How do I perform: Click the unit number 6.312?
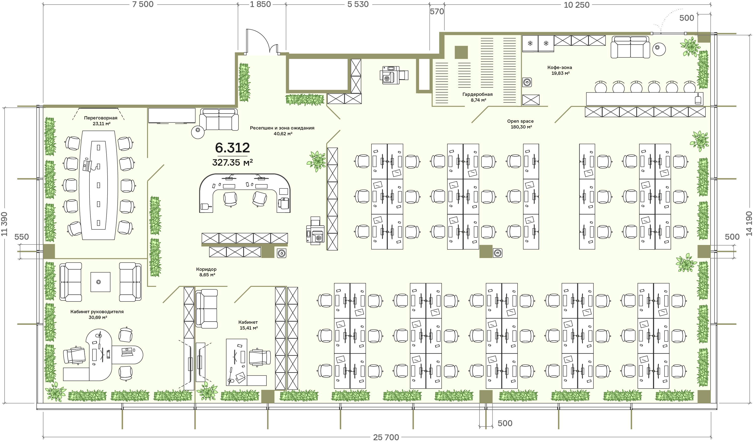(232, 148)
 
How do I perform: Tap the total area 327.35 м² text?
(232, 163)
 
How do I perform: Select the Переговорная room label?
(101, 118)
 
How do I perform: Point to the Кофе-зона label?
(559, 68)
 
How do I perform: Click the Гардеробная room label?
(478, 94)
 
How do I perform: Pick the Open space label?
(520, 121)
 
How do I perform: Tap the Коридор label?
(206, 269)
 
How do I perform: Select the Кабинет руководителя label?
(97, 312)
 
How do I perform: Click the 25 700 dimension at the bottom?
(386, 437)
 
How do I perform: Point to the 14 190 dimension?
(749, 224)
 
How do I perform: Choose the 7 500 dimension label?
(143, 4)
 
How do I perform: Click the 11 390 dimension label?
(4, 224)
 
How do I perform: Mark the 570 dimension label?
(437, 11)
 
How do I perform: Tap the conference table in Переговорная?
(98, 185)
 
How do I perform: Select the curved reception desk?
(245, 193)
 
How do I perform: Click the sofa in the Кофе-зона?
(630, 47)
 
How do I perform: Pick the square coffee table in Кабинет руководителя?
(100, 282)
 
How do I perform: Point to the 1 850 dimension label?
(260, 4)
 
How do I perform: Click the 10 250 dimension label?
(577, 5)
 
